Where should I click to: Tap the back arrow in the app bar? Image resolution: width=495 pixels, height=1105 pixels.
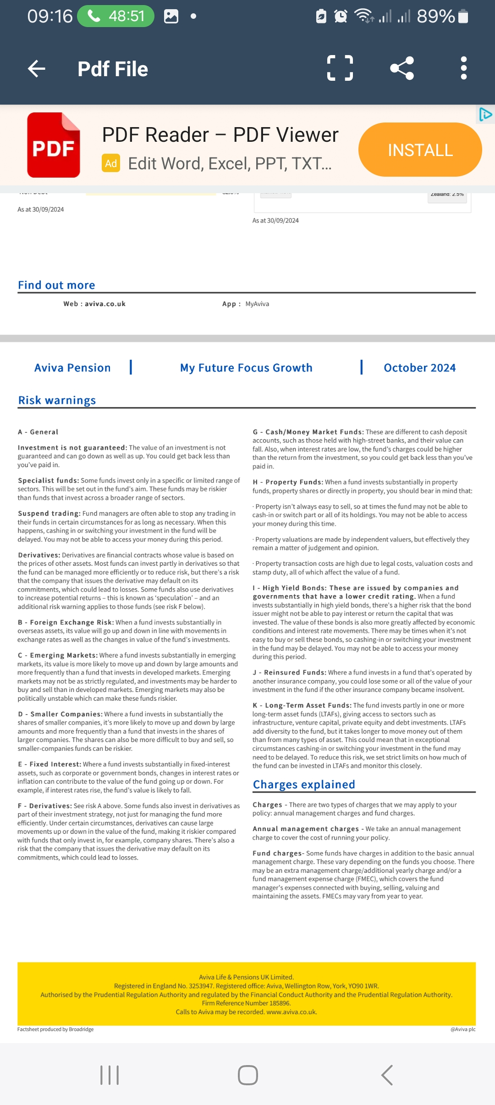click(x=37, y=69)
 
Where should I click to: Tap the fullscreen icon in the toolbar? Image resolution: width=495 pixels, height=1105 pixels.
click(x=340, y=68)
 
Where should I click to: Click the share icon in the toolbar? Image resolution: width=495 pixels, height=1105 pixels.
click(x=402, y=68)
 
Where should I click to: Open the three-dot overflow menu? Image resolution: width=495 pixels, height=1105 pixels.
click(x=464, y=68)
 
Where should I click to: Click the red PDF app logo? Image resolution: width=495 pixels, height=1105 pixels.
click(x=54, y=145)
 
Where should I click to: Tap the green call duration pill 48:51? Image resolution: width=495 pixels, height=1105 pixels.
click(x=116, y=17)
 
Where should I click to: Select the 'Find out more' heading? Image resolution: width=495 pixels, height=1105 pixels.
click(x=56, y=285)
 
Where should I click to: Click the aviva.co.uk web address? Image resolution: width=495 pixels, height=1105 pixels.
click(x=105, y=304)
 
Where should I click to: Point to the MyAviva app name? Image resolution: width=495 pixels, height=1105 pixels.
click(x=257, y=304)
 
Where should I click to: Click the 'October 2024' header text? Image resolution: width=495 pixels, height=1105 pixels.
click(x=419, y=368)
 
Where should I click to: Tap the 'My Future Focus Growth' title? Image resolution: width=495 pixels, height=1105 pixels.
click(x=246, y=368)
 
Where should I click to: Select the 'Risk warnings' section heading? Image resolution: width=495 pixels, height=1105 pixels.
click(x=57, y=400)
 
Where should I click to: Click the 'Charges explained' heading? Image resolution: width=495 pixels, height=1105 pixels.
click(x=304, y=784)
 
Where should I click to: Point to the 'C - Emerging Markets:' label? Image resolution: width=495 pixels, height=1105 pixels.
click(x=58, y=655)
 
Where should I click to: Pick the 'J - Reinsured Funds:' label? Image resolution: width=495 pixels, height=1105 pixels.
click(x=290, y=672)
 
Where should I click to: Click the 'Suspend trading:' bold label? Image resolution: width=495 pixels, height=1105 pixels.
click(x=49, y=513)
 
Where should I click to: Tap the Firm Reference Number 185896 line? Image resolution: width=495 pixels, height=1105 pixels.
click(x=246, y=1003)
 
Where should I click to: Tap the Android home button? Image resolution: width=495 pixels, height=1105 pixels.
click(x=247, y=1075)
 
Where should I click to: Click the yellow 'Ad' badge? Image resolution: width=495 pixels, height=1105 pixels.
click(x=111, y=163)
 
